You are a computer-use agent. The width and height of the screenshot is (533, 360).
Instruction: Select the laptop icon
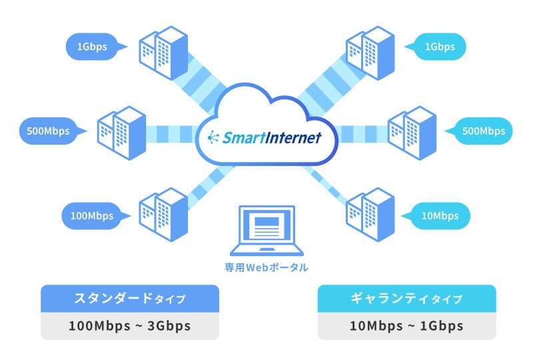(x=266, y=230)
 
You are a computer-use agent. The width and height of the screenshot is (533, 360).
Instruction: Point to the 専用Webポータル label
(x=266, y=267)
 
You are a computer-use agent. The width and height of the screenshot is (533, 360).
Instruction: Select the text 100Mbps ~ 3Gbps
(x=130, y=326)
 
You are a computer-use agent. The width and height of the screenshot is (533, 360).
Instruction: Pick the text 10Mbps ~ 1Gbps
(x=406, y=326)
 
